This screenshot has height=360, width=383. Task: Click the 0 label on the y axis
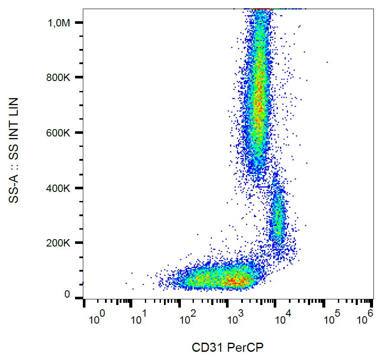tap(67, 295)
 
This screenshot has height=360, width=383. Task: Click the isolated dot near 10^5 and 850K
tap(327, 62)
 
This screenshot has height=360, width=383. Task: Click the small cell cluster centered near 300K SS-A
tap(277, 217)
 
